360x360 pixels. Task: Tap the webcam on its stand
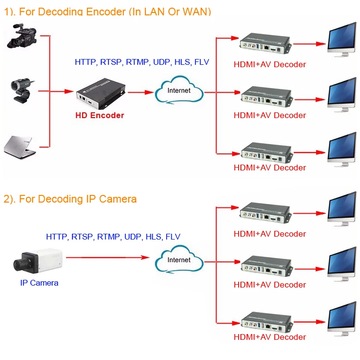pyautogui.click(x=22, y=91)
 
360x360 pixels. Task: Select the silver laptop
pyautogui.click(x=20, y=147)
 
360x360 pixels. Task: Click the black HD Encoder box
pyautogui.click(x=101, y=94)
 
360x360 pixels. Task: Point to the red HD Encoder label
pyautogui.click(x=100, y=115)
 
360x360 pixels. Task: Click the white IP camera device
pyautogui.click(x=38, y=261)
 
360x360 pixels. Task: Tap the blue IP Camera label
pyautogui.click(x=39, y=283)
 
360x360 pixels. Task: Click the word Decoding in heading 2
pyautogui.click(x=60, y=199)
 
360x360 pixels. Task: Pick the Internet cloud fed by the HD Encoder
pyautogui.click(x=179, y=90)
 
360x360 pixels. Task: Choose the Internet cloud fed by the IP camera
pyautogui.click(x=179, y=259)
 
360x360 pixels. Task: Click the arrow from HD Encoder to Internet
pyautogui.click(x=141, y=92)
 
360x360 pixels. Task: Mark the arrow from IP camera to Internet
pyautogui.click(x=108, y=257)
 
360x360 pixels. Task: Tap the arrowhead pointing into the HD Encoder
pyautogui.click(x=69, y=91)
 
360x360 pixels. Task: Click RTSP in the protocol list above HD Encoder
pyautogui.click(x=111, y=62)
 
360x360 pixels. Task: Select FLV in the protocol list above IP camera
pyautogui.click(x=173, y=237)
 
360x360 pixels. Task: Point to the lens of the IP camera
pyautogui.click(x=20, y=265)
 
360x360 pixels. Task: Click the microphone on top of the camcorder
pyautogui.click(x=18, y=26)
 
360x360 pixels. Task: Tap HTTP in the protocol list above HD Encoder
pyautogui.click(x=85, y=62)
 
